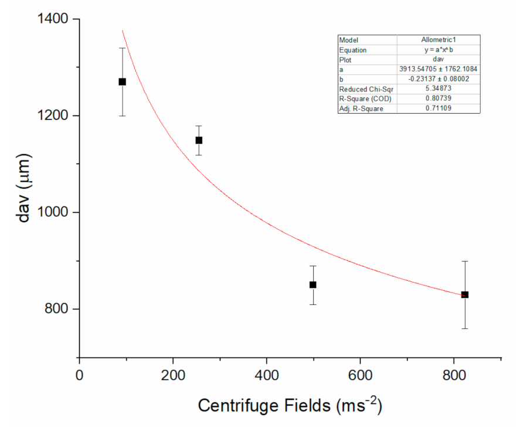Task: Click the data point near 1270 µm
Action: pos(122,81)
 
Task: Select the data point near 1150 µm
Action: pos(199,140)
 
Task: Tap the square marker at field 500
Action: pos(313,284)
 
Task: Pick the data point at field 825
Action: pos(464,294)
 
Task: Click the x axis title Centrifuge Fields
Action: pos(290,405)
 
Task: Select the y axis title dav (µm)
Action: pos(23,188)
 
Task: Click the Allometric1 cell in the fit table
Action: pos(438,40)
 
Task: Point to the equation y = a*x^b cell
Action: pos(438,50)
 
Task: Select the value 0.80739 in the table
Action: pos(438,98)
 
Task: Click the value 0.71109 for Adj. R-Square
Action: pos(438,108)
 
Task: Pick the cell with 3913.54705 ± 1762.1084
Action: pos(438,69)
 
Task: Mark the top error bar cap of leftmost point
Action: pos(122,48)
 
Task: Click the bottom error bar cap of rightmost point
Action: pos(464,328)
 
